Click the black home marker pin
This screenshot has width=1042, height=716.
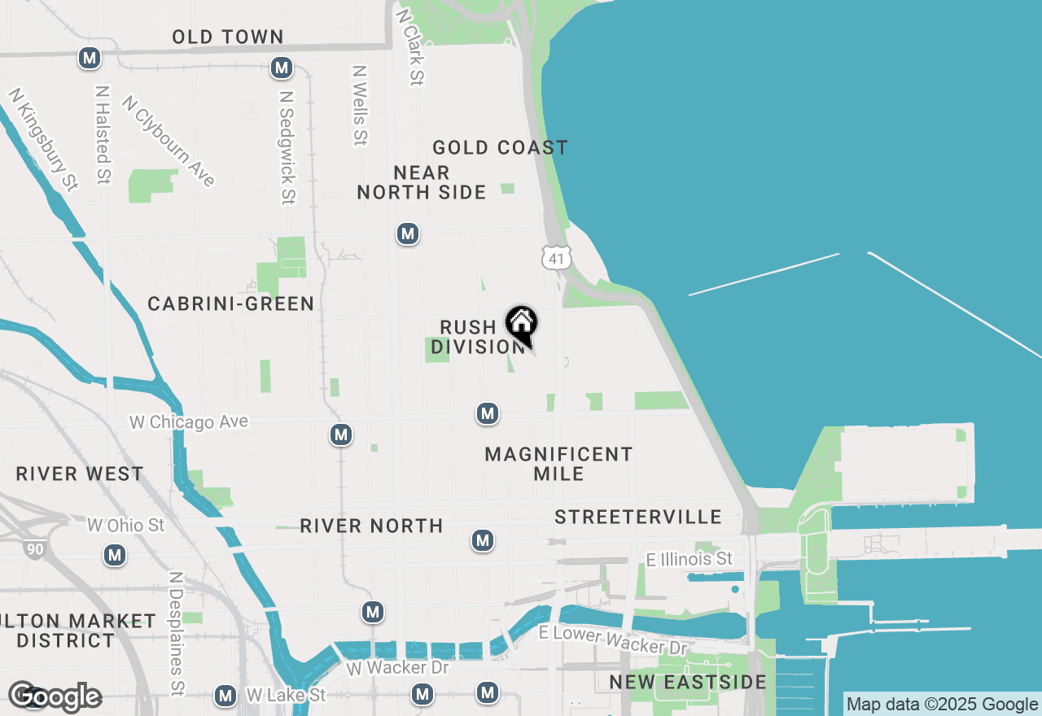pos(522,324)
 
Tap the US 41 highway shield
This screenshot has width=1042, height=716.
pos(556,257)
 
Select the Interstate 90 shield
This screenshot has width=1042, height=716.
pos(35,548)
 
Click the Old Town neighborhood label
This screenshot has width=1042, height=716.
pos(228,37)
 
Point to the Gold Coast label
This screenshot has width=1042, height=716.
pos(500,147)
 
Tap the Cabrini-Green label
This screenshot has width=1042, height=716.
pos(231,303)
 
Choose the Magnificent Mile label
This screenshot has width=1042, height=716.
pos(558,464)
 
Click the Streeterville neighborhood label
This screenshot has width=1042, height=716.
pos(638,517)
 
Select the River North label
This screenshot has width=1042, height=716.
pos(371,526)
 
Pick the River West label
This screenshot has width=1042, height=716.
pos(80,474)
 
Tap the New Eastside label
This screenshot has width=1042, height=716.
pos(688,682)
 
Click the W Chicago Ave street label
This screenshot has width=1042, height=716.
pos(189,422)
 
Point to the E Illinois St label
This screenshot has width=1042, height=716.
pos(689,559)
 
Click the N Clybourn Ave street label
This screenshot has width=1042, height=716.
pos(169,141)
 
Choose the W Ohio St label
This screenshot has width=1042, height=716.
pos(126,526)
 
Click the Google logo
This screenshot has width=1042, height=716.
pos(55,696)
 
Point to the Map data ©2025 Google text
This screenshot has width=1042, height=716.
pos(942,705)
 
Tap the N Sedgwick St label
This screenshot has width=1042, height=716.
pos(287,147)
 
